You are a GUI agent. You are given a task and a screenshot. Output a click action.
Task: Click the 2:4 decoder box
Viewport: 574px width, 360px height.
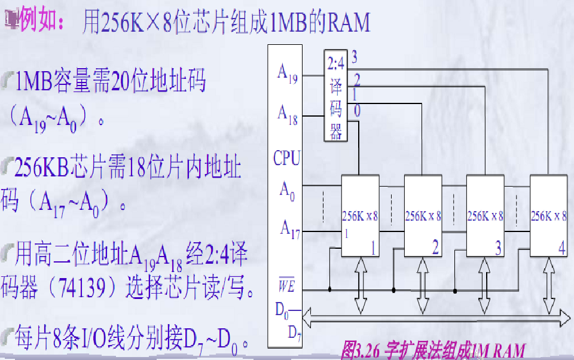pos(335,94)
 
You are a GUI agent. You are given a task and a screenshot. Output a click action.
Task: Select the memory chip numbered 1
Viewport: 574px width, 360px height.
pos(360,216)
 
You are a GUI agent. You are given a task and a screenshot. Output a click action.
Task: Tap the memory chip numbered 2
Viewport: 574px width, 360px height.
pos(423,216)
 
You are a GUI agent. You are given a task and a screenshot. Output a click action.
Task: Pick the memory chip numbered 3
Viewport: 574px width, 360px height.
pos(485,216)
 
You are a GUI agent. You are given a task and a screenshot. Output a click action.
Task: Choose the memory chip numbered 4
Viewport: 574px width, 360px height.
pos(548,216)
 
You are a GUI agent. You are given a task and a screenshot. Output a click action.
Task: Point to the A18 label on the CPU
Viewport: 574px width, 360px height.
pos(288,113)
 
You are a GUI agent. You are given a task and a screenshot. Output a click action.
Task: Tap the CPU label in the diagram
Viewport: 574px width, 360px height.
pos(286,158)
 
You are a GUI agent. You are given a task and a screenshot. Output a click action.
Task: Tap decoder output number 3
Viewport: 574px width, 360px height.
pos(355,57)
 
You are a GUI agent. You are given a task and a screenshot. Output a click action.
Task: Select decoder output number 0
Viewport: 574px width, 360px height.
pos(356,111)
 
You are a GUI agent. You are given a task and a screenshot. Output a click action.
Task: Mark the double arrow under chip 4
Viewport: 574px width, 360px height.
pos(548,285)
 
